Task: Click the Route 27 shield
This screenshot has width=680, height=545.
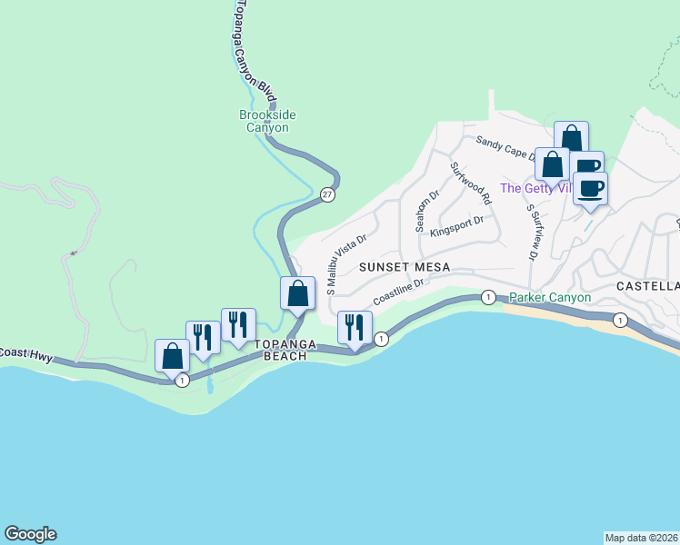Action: [326, 193]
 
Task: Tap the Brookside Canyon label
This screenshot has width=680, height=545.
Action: [267, 121]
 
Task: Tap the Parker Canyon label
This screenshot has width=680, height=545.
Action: [550, 297]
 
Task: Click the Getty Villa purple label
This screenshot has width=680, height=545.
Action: [535, 188]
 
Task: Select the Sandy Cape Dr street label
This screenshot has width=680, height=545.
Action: [505, 144]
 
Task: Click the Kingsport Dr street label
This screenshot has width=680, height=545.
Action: [456, 223]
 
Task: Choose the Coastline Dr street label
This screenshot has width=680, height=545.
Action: [398, 292]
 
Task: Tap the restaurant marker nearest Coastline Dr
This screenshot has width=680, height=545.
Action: [355, 327]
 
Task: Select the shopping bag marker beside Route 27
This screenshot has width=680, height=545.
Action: [297, 293]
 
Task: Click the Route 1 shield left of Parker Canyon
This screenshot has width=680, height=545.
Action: [488, 297]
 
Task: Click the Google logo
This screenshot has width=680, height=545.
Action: [30, 534]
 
